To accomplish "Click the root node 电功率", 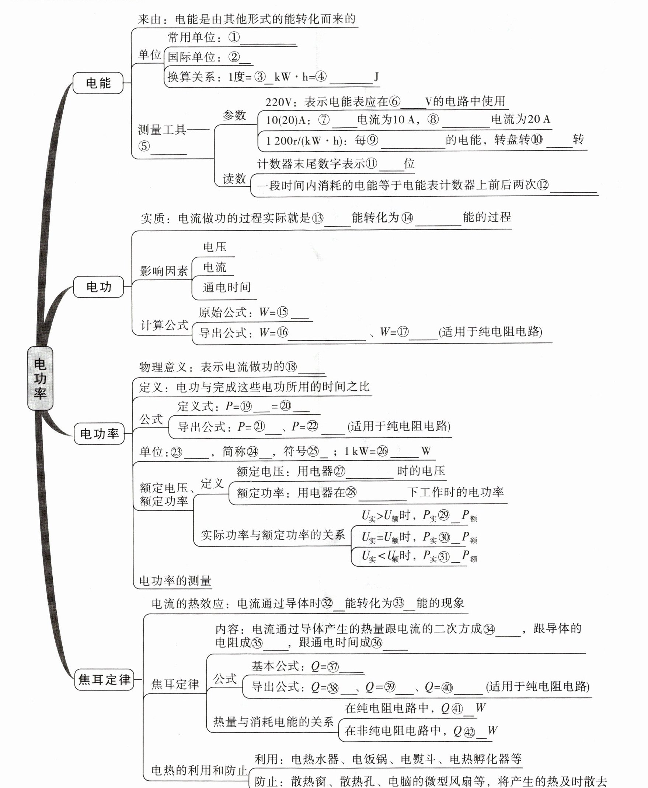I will coord(40,378).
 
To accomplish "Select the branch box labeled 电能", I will coord(98,83).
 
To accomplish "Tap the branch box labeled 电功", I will coord(98,287).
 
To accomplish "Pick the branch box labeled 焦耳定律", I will coord(104,679).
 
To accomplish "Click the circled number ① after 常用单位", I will coord(234,37).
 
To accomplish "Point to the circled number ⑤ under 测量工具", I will coord(144,146).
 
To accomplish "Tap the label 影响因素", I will coord(164,271).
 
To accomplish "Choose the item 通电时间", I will coord(227,287).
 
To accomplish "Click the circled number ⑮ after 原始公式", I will coord(283,312).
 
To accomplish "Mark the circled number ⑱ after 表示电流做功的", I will coord(291,367).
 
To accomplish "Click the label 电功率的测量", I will coord(175,581).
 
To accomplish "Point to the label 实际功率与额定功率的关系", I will coord(272,535).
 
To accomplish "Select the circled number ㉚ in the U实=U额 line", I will coord(444,537).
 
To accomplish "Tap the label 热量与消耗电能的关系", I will coord(273,722).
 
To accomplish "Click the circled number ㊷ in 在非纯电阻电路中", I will coord(469,732).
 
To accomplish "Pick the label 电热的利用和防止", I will coord(199,770).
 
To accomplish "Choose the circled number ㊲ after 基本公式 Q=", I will coord(333,667).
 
